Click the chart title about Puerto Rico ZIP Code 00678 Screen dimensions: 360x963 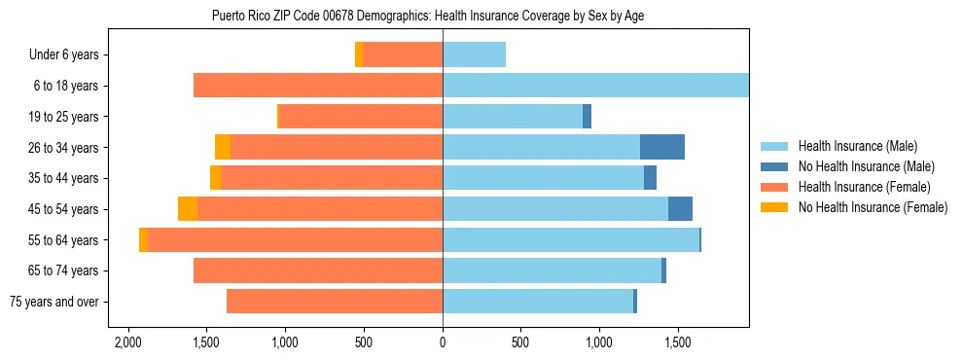click(428, 16)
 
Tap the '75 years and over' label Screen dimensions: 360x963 click(54, 302)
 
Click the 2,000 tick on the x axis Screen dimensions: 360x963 click(127, 343)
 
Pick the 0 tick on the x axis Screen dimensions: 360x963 click(443, 343)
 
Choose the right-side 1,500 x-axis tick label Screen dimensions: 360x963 click(678, 343)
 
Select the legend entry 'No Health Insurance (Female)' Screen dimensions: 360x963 click(873, 207)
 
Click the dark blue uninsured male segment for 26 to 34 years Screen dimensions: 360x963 click(662, 147)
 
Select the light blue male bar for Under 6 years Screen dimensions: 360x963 click(474, 54)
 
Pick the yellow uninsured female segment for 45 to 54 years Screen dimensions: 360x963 click(188, 209)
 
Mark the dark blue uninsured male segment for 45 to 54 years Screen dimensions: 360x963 click(680, 209)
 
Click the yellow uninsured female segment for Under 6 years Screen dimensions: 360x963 click(359, 54)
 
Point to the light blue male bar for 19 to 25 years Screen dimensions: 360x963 click(513, 117)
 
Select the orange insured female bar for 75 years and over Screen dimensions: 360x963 click(335, 302)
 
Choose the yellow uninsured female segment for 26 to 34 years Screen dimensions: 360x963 click(223, 147)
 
